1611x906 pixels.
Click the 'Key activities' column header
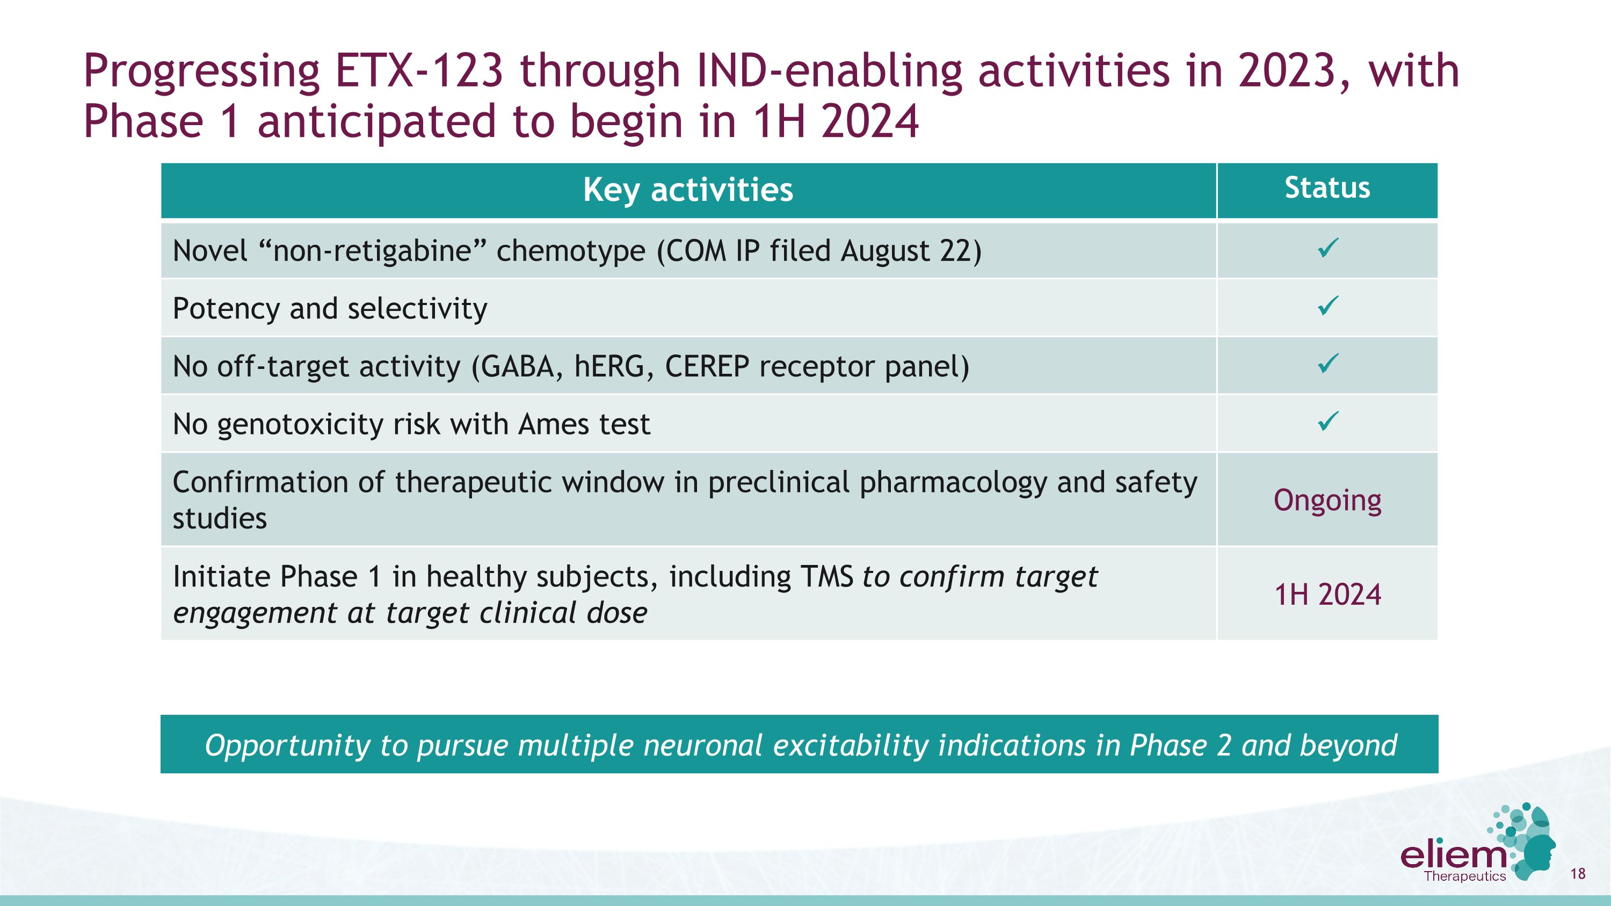688,190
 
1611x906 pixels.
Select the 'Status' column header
1327,188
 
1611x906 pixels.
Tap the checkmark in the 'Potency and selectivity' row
1327,306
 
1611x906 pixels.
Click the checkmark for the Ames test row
1327,422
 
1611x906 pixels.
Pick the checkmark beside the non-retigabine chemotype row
1327,248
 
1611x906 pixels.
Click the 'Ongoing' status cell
1327,500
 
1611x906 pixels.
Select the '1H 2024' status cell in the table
1327,595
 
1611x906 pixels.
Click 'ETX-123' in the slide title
418,71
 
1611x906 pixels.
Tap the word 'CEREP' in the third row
707,366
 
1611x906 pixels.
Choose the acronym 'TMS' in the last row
826,576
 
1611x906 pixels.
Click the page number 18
1577,873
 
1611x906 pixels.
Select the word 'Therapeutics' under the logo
1464,876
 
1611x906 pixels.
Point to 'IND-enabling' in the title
829,71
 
